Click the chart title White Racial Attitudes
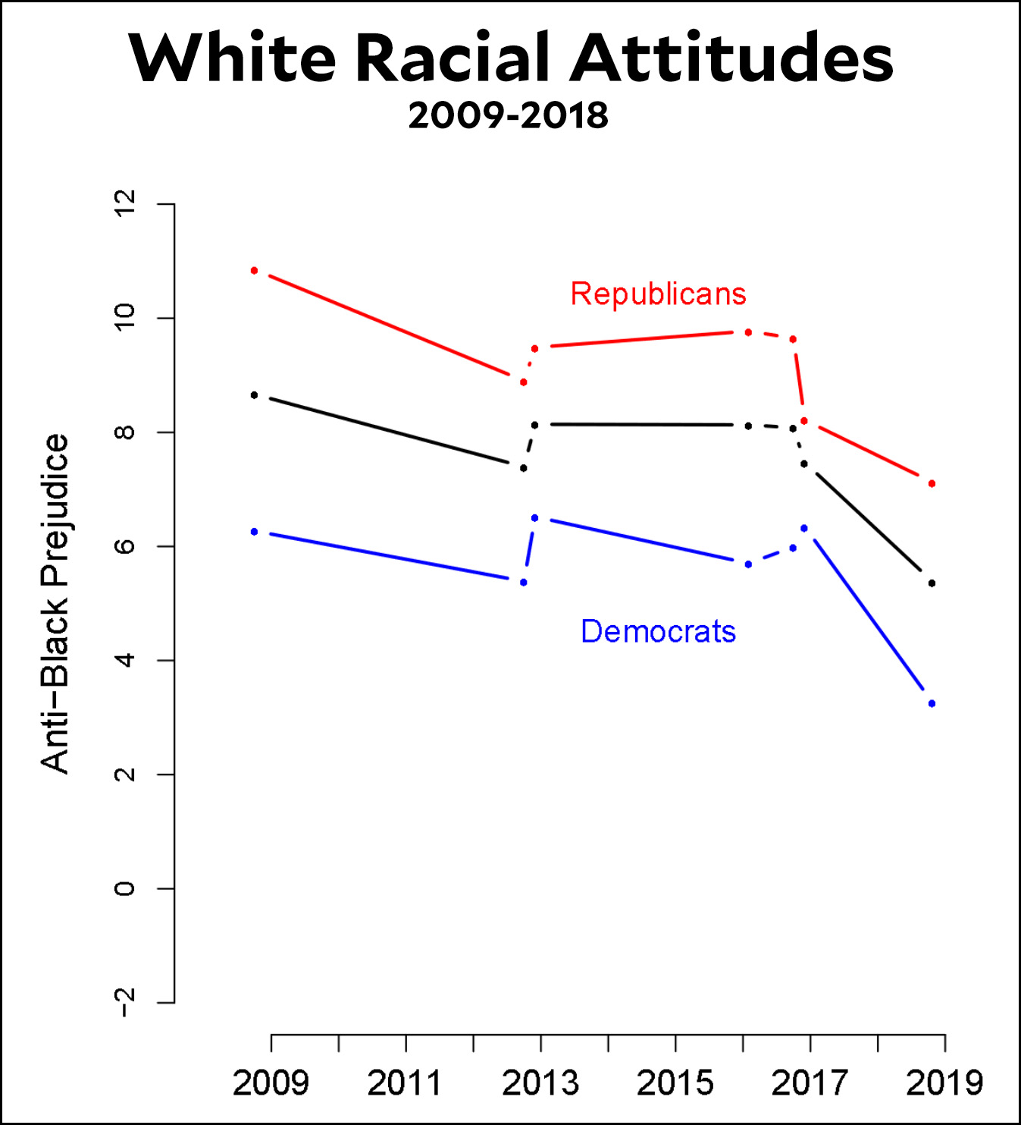click(511, 58)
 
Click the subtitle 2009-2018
click(508, 116)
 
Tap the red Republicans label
click(658, 294)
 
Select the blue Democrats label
click(658, 631)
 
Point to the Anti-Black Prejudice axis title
click(55, 603)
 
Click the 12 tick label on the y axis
click(124, 203)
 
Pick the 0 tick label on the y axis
click(124, 888)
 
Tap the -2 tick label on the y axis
click(124, 1003)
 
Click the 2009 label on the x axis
click(271, 1083)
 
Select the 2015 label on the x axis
click(675, 1083)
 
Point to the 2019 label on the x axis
click(944, 1083)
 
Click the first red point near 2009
click(254, 271)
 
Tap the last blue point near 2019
click(932, 704)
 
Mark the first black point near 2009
click(254, 395)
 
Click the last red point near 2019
click(932, 483)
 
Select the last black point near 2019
click(932, 583)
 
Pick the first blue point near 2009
click(254, 532)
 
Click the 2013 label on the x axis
click(540, 1083)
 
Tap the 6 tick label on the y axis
click(124, 546)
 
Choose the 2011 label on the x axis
click(405, 1083)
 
